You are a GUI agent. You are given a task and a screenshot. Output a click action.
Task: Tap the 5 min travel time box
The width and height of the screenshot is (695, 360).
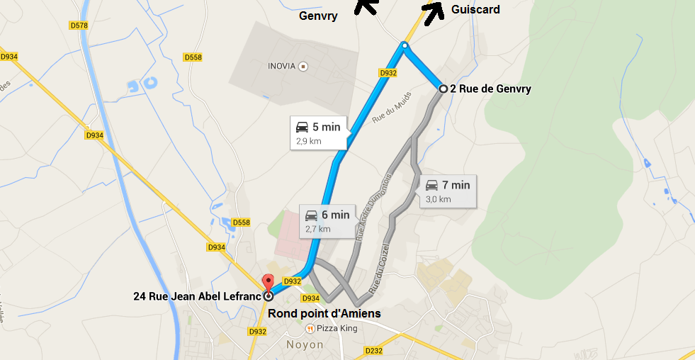[x=319, y=133]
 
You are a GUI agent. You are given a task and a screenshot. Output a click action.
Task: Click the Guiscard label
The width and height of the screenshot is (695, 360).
[x=475, y=10]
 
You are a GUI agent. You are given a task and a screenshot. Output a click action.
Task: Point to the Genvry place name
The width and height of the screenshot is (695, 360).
[x=318, y=15]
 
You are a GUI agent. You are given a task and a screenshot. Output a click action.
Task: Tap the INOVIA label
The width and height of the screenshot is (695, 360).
[x=281, y=66]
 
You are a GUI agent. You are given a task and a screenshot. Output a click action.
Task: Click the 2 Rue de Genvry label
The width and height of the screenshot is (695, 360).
[x=490, y=89]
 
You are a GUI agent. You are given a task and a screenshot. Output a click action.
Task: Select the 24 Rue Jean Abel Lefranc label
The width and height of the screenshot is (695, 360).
[x=197, y=296]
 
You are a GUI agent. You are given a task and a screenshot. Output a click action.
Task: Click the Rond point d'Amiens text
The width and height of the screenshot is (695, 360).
[x=324, y=313]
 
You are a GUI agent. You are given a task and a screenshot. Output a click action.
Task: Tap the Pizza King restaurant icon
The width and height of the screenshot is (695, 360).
[x=310, y=329]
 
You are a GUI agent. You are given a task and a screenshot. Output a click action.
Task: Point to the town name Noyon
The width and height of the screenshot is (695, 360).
[x=304, y=345]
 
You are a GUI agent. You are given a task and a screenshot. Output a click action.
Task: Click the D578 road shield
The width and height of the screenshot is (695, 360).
[x=79, y=26]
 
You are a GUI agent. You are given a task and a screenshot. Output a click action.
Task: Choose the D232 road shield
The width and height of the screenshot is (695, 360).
[x=373, y=350]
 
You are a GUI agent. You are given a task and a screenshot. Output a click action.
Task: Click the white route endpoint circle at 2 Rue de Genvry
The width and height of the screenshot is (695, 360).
[x=443, y=89]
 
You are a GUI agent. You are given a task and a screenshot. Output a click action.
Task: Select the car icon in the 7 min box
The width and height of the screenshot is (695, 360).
[x=431, y=186]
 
